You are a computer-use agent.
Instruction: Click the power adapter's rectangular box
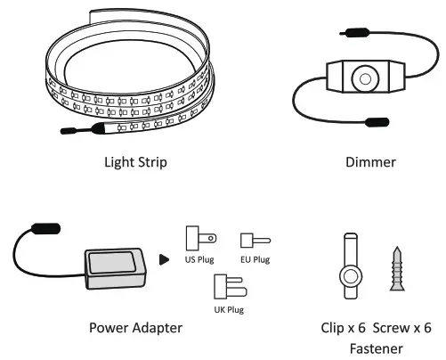point(113,262)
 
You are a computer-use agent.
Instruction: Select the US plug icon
point(195,239)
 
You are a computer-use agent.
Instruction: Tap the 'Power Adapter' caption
point(135,328)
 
